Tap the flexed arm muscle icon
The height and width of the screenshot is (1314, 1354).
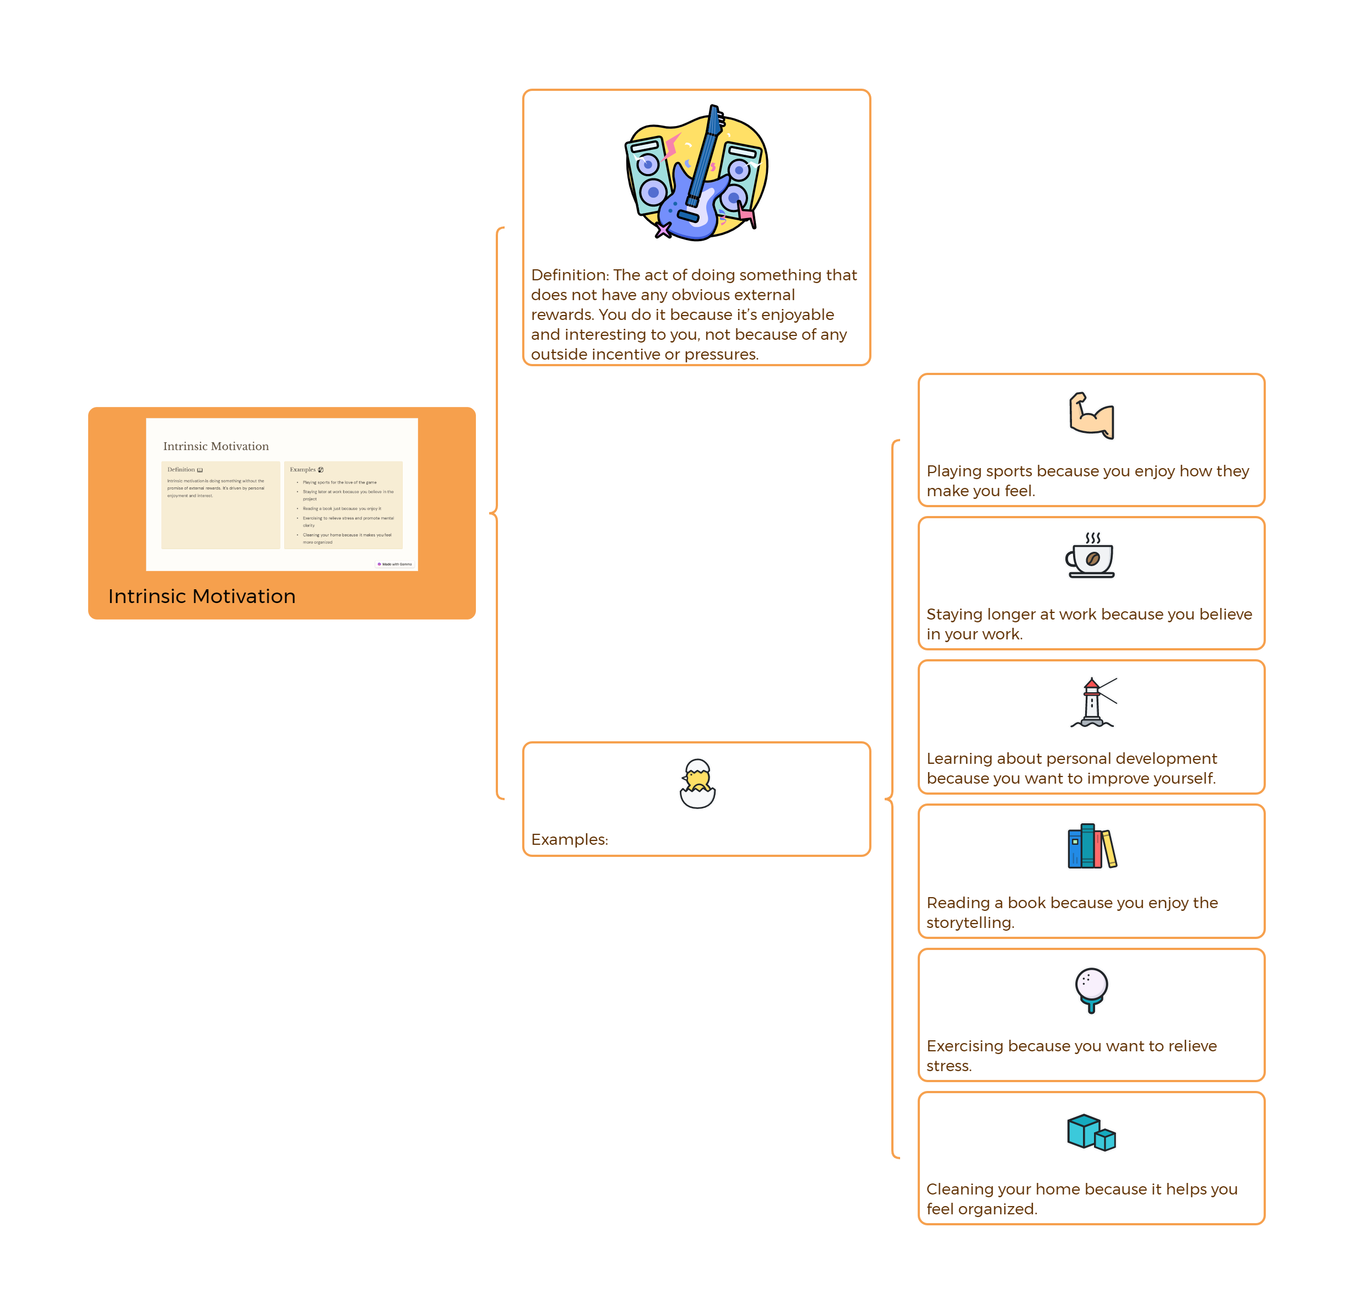pos(1091,416)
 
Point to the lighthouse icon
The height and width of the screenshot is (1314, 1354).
pos(1092,703)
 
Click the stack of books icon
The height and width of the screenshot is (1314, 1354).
pos(1091,846)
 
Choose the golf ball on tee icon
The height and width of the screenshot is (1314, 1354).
pos(1091,990)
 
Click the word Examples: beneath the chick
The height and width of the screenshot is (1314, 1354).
pos(569,840)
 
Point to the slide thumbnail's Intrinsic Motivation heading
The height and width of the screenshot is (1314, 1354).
pos(215,446)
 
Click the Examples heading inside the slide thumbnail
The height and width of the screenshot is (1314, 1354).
pos(302,470)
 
